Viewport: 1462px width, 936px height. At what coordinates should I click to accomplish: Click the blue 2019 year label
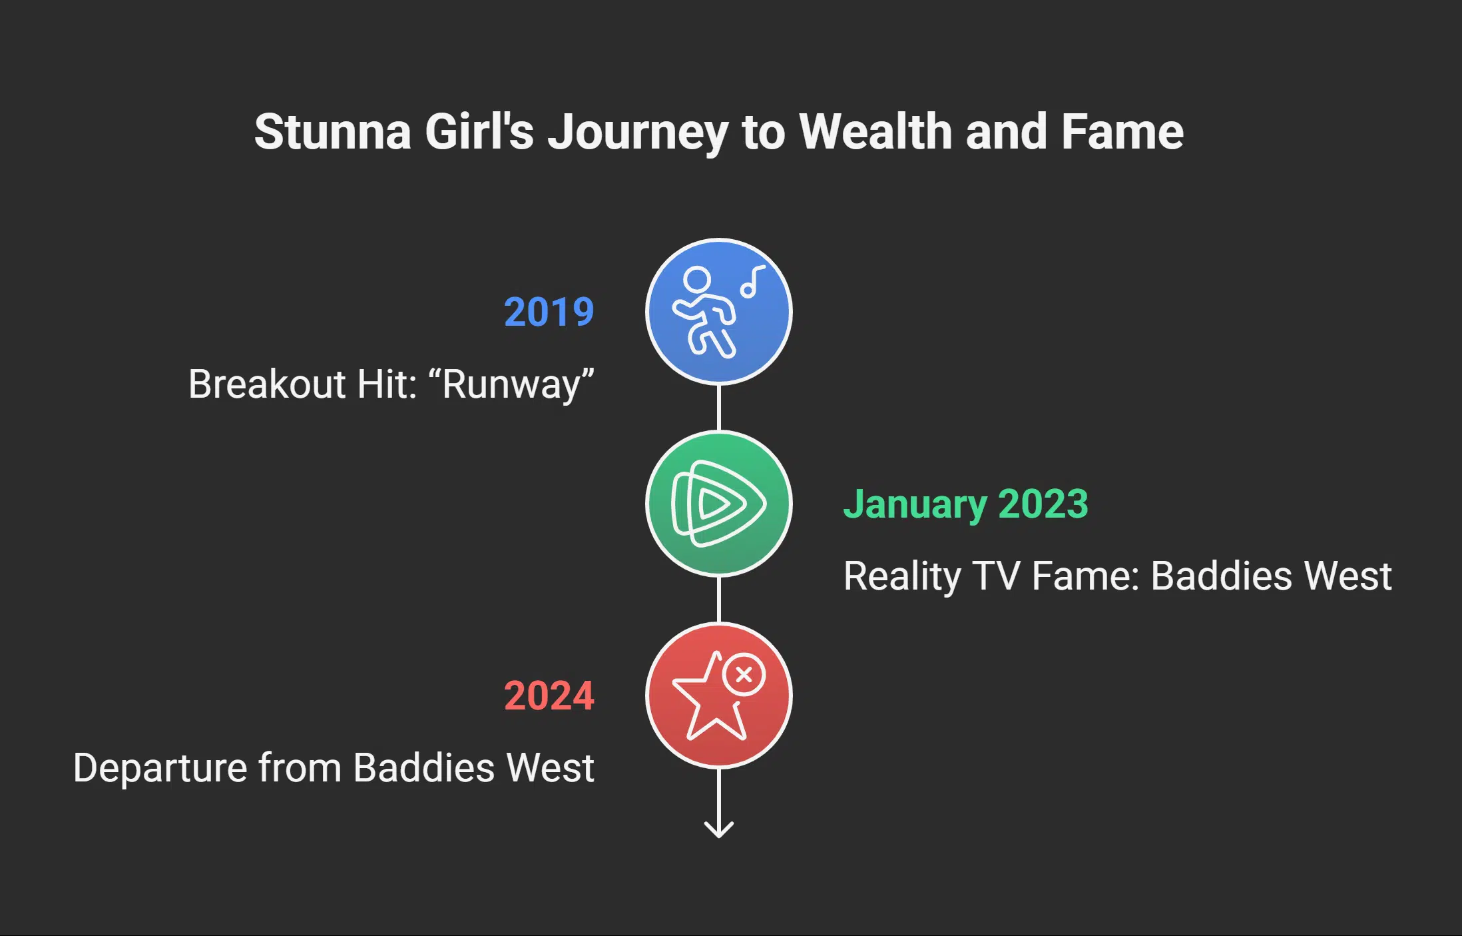pos(549,312)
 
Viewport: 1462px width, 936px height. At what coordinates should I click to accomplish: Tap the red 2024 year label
pos(549,696)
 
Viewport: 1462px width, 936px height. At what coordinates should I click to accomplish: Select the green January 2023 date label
pos(965,504)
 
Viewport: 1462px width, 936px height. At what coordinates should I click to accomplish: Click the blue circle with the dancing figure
pos(718,312)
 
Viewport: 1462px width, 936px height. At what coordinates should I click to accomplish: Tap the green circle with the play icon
pos(718,504)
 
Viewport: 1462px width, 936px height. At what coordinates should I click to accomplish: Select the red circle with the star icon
pos(718,696)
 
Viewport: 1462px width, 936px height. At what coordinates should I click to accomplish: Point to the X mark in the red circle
pos(744,675)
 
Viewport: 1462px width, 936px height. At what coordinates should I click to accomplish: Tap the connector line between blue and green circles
pos(718,408)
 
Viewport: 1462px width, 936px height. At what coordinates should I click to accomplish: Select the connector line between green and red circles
pos(718,600)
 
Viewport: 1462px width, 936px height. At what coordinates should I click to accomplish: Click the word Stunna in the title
pos(332,132)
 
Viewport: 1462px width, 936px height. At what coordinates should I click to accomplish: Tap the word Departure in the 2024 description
pos(160,768)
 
